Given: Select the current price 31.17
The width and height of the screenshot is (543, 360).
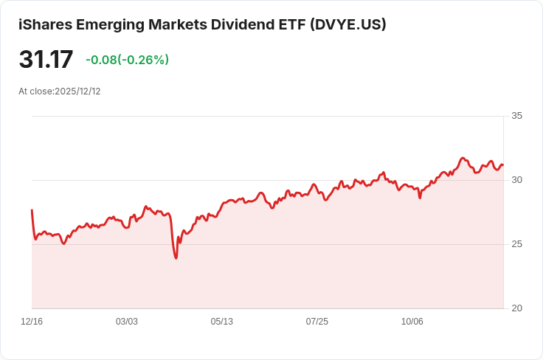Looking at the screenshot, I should tap(46, 60).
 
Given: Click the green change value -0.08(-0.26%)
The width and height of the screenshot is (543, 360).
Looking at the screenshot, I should tap(127, 60).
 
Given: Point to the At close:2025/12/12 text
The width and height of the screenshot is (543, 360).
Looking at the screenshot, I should tap(60, 91).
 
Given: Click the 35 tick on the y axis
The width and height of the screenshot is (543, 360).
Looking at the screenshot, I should tap(516, 116).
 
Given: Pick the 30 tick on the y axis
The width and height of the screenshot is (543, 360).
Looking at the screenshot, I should tap(516, 180).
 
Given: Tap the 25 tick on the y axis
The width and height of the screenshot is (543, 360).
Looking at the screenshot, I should tap(516, 244).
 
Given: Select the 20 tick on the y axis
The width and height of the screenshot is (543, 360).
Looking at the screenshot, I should tap(516, 308).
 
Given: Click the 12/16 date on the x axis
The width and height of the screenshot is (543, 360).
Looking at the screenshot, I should tap(32, 322).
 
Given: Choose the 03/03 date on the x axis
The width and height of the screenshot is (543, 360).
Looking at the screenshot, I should tap(127, 322).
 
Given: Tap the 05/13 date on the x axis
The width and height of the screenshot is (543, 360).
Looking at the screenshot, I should tap(222, 322).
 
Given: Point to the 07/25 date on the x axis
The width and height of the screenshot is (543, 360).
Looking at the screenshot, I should tap(317, 322).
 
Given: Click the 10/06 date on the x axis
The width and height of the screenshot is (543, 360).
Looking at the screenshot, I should tap(412, 322).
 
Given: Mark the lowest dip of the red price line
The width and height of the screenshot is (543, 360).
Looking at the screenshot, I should tap(176, 257).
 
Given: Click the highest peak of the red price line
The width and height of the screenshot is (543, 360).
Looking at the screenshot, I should tap(463, 158).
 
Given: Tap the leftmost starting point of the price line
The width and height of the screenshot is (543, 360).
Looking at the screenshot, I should tap(32, 210).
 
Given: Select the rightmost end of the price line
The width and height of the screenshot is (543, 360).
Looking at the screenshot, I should tap(502, 165).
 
